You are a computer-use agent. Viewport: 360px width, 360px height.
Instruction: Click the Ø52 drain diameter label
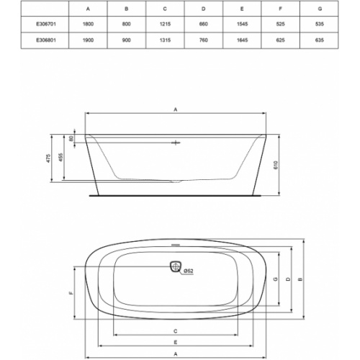click(188, 271)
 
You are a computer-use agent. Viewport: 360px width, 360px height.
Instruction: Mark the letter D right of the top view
click(289, 279)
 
